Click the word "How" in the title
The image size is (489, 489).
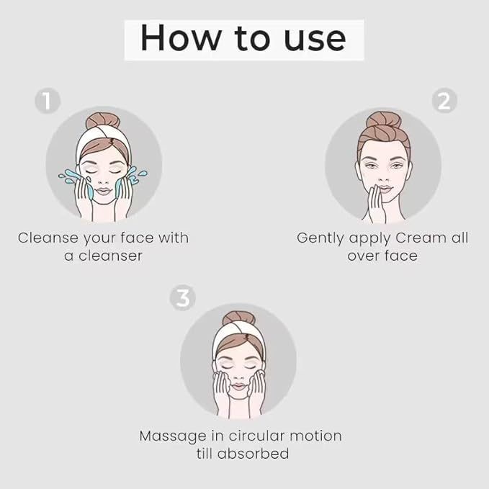click(180, 37)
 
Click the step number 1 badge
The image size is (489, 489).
click(48, 100)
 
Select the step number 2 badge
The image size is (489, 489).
click(444, 100)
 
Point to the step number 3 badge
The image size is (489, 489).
click(183, 297)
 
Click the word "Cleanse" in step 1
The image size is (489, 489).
click(48, 238)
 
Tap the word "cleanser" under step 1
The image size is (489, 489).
click(110, 256)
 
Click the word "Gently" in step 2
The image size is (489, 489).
click(321, 239)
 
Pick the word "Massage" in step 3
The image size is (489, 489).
click(172, 436)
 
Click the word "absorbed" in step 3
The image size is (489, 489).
click(253, 454)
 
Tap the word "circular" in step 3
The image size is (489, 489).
click(256, 436)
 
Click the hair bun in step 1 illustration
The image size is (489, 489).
click(102, 121)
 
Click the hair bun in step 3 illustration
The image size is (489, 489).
click(239, 318)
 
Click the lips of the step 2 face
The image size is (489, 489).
click(385, 189)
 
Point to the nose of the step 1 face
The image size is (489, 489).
click(103, 180)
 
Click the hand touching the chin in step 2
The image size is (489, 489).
click(375, 205)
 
